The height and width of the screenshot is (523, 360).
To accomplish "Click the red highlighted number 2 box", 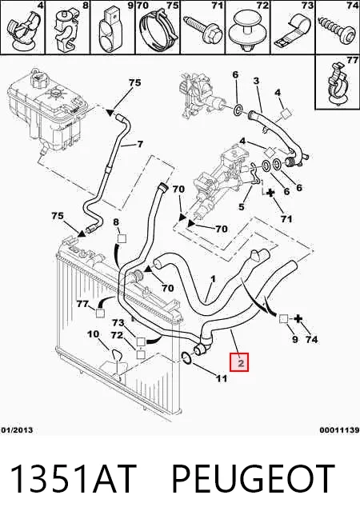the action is click(239, 362).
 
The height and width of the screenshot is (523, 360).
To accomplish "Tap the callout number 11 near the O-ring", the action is click(222, 378).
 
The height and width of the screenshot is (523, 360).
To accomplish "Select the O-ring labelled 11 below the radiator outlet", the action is click(187, 357).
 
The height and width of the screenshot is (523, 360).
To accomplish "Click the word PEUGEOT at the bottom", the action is click(253, 479).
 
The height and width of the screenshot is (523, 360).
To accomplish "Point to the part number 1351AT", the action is click(74, 479).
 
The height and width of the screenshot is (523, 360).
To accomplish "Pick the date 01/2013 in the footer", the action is click(17, 430).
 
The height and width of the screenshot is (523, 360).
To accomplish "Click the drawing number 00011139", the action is click(340, 430).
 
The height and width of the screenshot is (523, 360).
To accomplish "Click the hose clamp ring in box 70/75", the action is click(157, 30).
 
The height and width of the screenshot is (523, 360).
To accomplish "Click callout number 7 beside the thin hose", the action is click(140, 144).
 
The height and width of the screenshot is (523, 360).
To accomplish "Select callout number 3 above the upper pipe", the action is click(256, 81).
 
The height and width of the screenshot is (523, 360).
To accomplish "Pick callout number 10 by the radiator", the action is click(94, 333).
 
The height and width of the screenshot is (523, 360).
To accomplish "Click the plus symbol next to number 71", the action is click(270, 193).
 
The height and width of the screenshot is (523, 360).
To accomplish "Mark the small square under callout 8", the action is click(122, 239).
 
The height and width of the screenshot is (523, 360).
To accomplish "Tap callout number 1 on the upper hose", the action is click(214, 279).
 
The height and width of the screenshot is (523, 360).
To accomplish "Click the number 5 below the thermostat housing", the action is click(242, 207).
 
